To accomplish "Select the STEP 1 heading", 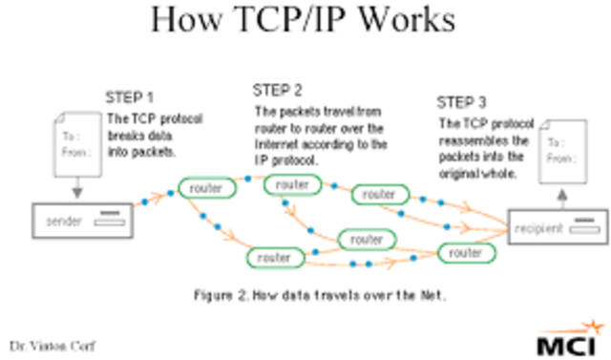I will click(131, 98).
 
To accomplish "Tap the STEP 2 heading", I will click(277, 91).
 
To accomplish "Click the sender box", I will click(81, 221).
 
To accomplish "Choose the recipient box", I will click(558, 229).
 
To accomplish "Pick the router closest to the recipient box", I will click(466, 253).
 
